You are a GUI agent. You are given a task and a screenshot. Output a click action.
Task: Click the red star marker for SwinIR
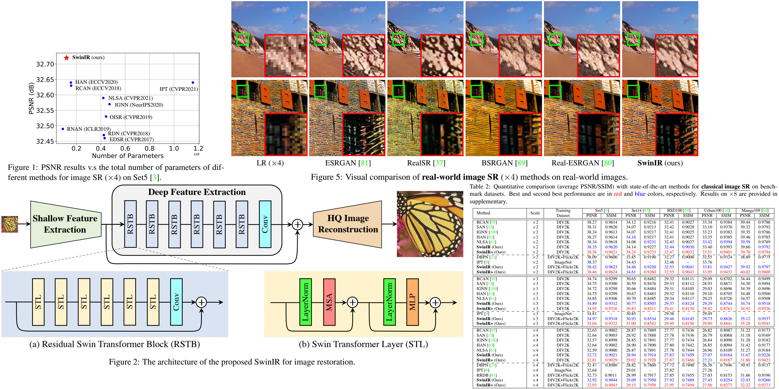click(x=67, y=57)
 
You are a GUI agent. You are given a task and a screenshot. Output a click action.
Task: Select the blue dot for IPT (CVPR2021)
click(x=193, y=83)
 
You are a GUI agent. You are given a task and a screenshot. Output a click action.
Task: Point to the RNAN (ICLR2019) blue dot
click(x=63, y=129)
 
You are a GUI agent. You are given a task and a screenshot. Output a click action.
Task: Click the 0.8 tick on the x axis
click(x=149, y=148)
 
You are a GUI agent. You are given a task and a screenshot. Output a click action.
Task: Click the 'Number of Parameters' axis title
click(x=128, y=156)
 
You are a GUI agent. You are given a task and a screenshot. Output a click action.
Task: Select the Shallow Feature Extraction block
click(x=65, y=224)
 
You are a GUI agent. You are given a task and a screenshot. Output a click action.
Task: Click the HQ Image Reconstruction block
click(x=348, y=224)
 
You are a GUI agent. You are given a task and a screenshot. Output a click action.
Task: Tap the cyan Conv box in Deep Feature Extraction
click(x=265, y=224)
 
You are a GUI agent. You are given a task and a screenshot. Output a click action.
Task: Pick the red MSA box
click(x=329, y=302)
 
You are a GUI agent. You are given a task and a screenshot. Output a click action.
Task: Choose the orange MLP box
click(x=412, y=302)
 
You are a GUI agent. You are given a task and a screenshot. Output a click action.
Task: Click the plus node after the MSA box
click(x=352, y=302)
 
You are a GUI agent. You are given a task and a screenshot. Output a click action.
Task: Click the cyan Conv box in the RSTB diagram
click(x=176, y=302)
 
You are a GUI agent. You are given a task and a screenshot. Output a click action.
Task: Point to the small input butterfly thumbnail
click(x=10, y=224)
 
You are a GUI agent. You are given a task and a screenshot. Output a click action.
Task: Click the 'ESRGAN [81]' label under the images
click(x=348, y=163)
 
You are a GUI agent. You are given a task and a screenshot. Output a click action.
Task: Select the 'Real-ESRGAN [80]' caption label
click(x=582, y=163)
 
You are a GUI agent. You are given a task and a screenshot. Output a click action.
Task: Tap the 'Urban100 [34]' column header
click(x=717, y=210)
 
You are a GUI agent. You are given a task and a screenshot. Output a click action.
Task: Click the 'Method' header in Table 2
click(x=483, y=213)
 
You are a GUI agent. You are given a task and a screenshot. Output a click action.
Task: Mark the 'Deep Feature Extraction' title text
click(x=197, y=192)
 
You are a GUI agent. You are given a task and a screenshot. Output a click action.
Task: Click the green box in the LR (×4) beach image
click(x=243, y=39)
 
